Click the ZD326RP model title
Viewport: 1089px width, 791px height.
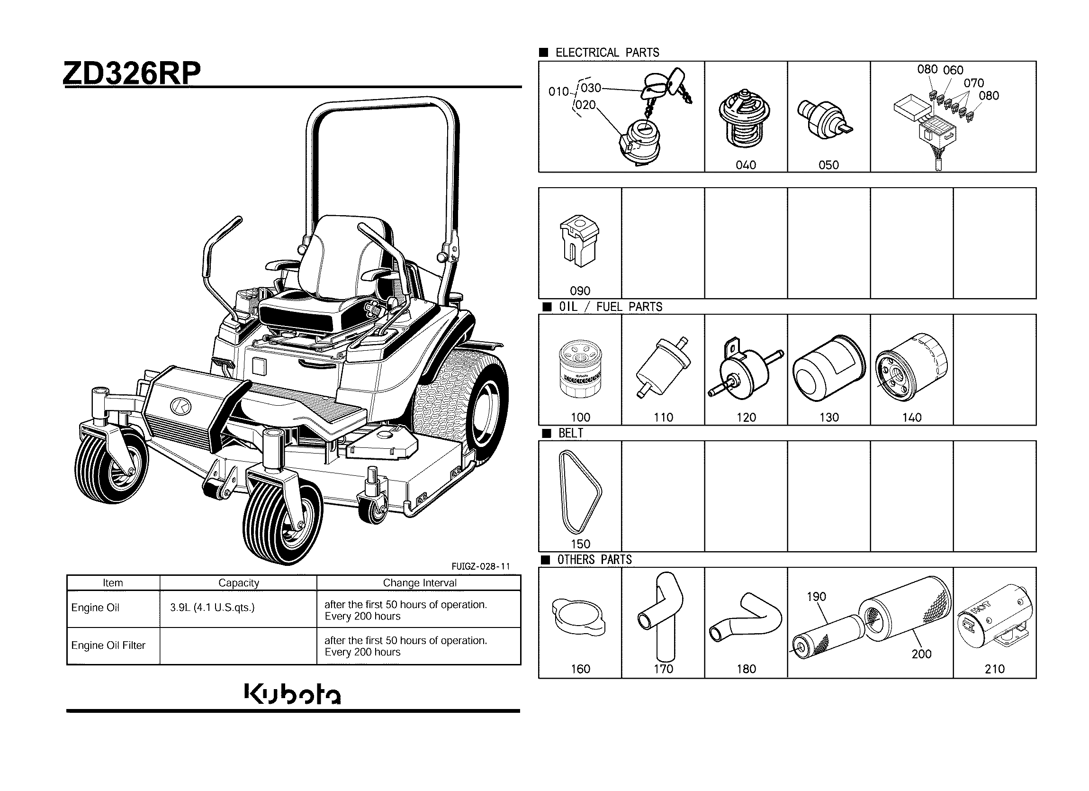point(132,73)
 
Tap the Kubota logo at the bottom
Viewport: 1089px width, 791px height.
point(292,694)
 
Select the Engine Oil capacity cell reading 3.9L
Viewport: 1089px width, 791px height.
point(212,608)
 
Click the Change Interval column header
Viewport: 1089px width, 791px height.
point(419,583)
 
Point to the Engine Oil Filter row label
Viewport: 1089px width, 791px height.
point(108,646)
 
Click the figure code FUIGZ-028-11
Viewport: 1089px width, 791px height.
point(481,566)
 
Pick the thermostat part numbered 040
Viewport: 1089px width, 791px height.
point(746,120)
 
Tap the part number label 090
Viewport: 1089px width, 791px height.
point(580,291)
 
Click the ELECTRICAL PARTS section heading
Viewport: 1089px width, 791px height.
point(607,53)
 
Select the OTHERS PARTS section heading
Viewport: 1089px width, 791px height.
point(594,560)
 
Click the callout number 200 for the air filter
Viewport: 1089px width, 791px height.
point(921,654)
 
